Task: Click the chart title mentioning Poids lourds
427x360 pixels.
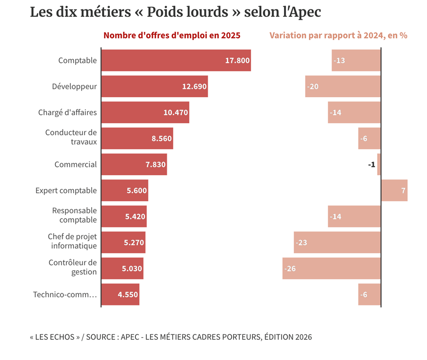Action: [x=175, y=12]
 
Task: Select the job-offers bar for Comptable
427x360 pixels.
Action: [x=176, y=60]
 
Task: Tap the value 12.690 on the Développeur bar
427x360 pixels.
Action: [x=194, y=86]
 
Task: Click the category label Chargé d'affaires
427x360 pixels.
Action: [x=67, y=112]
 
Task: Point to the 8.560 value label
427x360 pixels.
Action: [x=161, y=139]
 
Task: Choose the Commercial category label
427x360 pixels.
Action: [x=75, y=164]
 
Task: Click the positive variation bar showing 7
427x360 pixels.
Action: [x=394, y=190]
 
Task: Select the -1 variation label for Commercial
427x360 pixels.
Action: [x=372, y=164]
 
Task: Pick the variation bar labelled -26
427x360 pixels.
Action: [x=331, y=268]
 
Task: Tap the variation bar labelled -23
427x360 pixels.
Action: [x=337, y=243]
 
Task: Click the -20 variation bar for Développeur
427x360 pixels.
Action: [x=342, y=86]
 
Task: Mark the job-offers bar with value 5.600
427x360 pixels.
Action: [x=125, y=190]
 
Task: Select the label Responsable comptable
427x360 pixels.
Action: [x=74, y=215]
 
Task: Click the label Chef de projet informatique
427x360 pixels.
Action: [x=72, y=241]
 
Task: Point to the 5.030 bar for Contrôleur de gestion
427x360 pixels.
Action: [x=122, y=268]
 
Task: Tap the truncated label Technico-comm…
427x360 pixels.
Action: [x=65, y=295]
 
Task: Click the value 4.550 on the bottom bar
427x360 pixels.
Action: [x=127, y=295]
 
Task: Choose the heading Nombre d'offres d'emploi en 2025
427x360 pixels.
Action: [x=172, y=36]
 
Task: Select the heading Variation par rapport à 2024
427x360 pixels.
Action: [x=338, y=36]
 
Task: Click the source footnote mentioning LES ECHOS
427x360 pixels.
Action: [x=171, y=337]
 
